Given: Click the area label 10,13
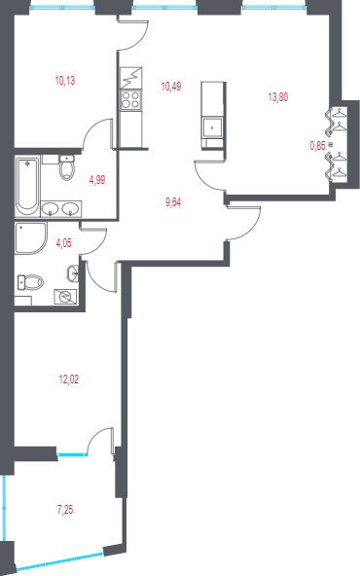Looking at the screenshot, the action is pos(65,81).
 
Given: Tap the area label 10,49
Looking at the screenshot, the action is pos(171,87).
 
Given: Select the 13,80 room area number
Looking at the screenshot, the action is pos(278,97).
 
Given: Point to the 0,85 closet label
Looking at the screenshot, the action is pos(318,146).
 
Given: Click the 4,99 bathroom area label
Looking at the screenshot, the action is pos(97,180).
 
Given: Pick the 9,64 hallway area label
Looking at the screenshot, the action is pos(173,202).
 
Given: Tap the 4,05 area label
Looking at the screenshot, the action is pos(63,243).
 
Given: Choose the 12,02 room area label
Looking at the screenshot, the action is pos(69,379).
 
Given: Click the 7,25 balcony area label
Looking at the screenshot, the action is pos(65,510).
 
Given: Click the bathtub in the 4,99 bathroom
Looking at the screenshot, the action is pos(27,188).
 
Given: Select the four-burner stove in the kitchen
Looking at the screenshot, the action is pos(130,99).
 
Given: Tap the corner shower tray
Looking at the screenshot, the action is pos(31,238).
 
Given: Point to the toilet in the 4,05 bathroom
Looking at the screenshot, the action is pos(30,282).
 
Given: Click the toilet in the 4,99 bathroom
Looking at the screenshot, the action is pos(67,167).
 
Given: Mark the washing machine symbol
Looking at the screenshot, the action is pos(65,297).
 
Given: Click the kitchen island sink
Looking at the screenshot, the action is pos(212,127).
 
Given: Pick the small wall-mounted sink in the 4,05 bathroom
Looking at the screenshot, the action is pos(73,273).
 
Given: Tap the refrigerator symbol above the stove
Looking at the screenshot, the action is pos(130,78).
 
